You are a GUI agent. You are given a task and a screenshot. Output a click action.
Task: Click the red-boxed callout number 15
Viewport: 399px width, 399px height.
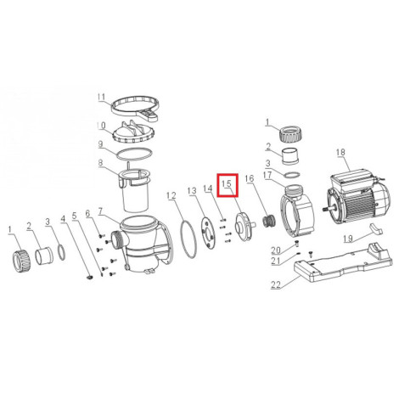(x=227, y=183)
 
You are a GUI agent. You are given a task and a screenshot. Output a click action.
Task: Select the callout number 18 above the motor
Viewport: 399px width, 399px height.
(x=340, y=152)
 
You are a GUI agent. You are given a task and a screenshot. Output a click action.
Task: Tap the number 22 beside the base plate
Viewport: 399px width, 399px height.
(x=276, y=284)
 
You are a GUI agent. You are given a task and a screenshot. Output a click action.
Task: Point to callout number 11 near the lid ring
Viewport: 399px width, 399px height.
(x=102, y=97)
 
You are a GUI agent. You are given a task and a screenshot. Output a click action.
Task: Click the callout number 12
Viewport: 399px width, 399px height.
(x=171, y=195)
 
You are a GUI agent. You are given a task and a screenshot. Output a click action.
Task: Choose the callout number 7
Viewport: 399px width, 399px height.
(x=100, y=211)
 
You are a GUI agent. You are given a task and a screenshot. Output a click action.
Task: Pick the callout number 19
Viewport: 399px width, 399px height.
(x=348, y=239)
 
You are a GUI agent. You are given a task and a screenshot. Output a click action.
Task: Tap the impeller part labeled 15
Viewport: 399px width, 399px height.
(x=244, y=227)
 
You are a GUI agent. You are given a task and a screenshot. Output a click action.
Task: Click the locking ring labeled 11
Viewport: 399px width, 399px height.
(x=135, y=109)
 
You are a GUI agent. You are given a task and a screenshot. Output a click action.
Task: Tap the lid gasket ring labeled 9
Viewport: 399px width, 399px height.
(x=134, y=154)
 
